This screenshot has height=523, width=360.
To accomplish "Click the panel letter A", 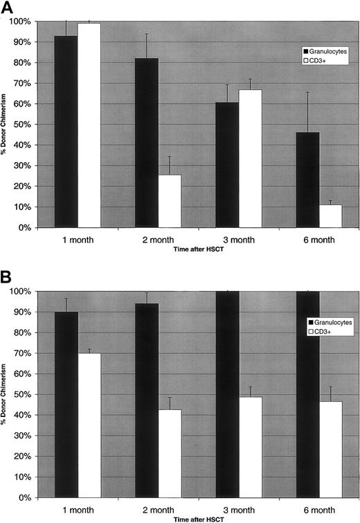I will (x=8, y=8).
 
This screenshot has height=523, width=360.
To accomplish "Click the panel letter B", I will (x=8, y=275).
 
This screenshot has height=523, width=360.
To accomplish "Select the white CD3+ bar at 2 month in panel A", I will (x=170, y=201).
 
